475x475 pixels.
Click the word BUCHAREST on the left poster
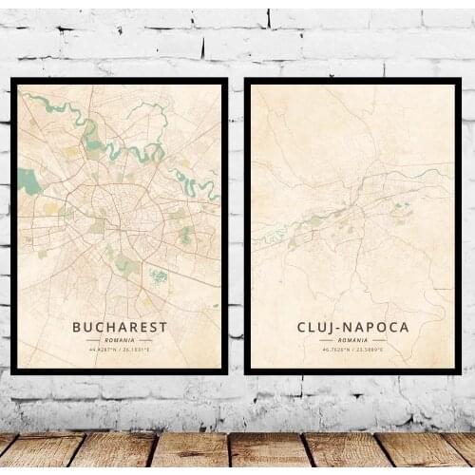coord(120,327)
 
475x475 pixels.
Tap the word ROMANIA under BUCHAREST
coord(120,339)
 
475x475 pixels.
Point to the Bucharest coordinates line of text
coord(120,350)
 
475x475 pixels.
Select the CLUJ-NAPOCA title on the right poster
coord(353,327)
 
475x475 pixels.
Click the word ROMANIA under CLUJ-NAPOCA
coord(353,339)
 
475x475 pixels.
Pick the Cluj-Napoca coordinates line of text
coord(353,350)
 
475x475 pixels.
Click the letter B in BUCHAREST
coord(77,327)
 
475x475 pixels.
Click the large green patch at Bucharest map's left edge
coord(29,180)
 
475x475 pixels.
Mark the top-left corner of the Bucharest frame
coord(11,80)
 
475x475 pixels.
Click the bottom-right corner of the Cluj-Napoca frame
coord(460,372)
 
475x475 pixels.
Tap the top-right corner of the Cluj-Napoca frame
coord(460,80)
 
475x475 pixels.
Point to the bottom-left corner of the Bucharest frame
coord(11,373)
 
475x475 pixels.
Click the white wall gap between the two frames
coord(237,228)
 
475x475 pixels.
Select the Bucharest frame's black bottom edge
coord(120,371)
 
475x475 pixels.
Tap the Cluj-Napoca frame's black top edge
coord(353,82)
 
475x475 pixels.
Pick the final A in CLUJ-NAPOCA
coord(405,327)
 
